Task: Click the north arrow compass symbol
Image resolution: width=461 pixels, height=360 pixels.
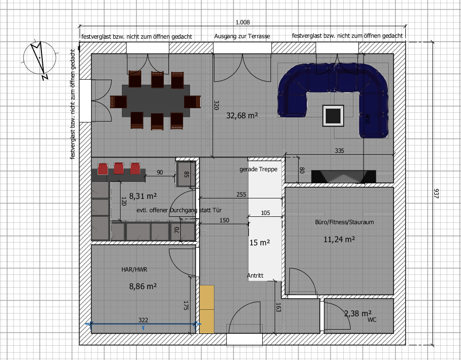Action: click(39, 58)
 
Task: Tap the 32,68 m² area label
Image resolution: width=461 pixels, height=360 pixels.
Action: click(242, 116)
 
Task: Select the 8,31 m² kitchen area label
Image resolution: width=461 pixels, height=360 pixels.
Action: click(143, 196)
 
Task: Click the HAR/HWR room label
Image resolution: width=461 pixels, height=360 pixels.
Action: click(134, 269)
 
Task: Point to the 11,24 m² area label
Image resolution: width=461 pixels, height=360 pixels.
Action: click(339, 239)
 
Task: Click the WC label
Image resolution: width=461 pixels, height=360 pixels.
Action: click(372, 319)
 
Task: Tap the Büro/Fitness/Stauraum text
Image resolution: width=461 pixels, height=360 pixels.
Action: click(344, 222)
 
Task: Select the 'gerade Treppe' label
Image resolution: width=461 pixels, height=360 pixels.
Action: click(259, 169)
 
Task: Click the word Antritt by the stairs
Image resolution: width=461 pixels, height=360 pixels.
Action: click(255, 275)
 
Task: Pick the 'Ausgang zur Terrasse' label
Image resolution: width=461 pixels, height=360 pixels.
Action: click(242, 36)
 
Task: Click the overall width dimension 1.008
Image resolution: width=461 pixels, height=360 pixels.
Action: click(242, 22)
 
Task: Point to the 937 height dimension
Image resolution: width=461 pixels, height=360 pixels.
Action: click(436, 193)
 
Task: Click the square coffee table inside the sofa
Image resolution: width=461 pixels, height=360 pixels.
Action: click(333, 116)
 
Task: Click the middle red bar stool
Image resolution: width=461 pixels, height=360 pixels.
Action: click(119, 168)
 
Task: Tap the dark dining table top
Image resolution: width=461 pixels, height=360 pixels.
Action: click(156, 100)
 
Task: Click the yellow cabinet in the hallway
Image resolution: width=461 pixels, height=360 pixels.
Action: click(207, 309)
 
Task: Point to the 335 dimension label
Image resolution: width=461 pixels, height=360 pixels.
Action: click(339, 151)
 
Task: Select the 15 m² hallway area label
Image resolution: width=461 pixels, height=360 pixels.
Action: click(259, 243)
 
